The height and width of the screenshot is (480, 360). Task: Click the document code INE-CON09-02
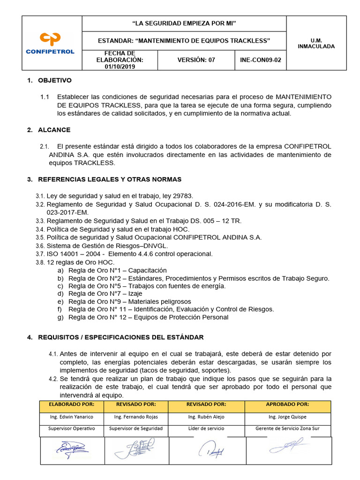click(x=260, y=60)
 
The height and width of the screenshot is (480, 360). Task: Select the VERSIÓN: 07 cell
click(x=196, y=60)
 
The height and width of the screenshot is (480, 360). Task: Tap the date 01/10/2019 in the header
click(x=120, y=67)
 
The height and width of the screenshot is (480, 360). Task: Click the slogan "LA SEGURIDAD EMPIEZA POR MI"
click(x=184, y=23)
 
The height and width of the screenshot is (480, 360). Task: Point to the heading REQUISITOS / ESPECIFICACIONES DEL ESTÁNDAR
click(x=120, y=337)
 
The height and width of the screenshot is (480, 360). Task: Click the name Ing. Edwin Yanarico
click(x=72, y=417)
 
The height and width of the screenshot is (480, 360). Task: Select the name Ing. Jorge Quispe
click(x=287, y=417)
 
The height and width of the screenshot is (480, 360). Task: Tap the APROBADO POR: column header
click(x=287, y=404)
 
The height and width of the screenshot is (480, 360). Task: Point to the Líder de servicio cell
click(x=205, y=428)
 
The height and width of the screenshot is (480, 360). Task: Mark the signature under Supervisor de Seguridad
click(x=135, y=450)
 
